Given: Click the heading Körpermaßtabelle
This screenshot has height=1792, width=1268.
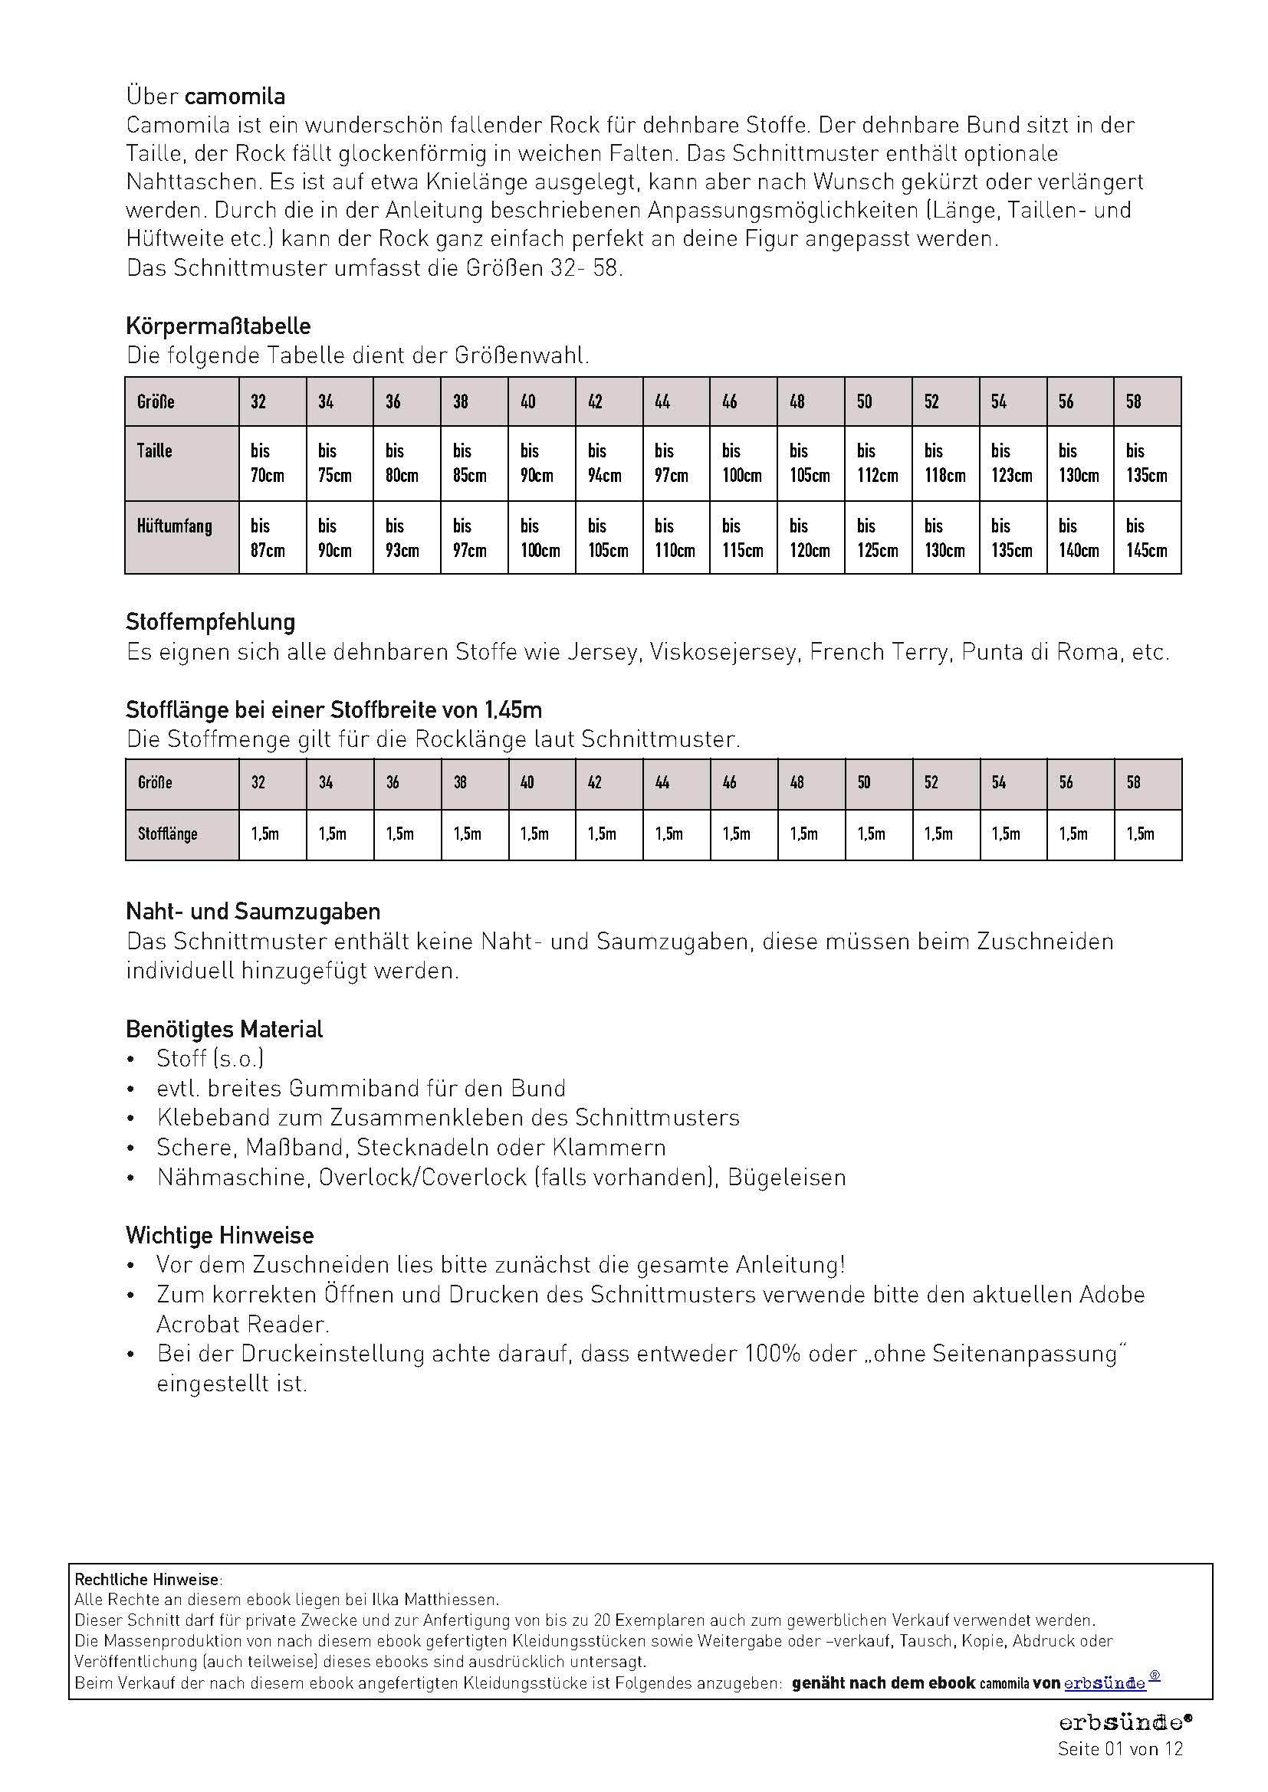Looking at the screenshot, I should pos(218,326).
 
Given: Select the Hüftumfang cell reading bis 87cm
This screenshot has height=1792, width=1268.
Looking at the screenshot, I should pos(267,538).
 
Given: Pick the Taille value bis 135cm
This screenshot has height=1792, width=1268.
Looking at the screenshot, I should pos(1145,463).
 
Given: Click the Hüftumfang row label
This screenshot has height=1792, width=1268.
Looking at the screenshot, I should pos(174,526).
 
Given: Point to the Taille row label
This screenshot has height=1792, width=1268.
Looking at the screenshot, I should pos(155,451).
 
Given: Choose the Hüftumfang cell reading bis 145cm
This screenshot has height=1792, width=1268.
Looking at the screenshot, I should pos(1145,538).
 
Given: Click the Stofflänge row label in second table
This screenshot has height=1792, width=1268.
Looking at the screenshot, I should pos(167,834).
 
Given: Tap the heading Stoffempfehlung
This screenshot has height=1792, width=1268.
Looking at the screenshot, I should pos(210,622).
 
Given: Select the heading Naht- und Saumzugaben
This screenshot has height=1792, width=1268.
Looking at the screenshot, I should pos(253,911).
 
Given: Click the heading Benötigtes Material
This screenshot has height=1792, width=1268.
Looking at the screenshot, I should pos(224,1030).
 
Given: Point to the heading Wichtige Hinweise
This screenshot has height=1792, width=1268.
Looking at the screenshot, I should pos(219,1236).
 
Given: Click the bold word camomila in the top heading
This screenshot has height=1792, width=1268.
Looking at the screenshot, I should pos(235,97).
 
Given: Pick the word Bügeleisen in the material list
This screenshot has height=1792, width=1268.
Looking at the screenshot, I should pos(787,1177).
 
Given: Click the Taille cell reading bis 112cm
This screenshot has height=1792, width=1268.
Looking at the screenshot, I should pos(877,463).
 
